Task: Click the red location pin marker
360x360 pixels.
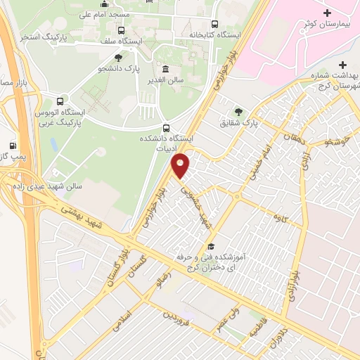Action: pyautogui.click(x=181, y=165)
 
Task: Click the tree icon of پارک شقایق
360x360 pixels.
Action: pyautogui.click(x=238, y=111)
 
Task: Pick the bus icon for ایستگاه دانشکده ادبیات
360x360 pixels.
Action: pyautogui.click(x=166, y=128)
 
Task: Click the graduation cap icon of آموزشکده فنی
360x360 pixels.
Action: pyautogui.click(x=210, y=246)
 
